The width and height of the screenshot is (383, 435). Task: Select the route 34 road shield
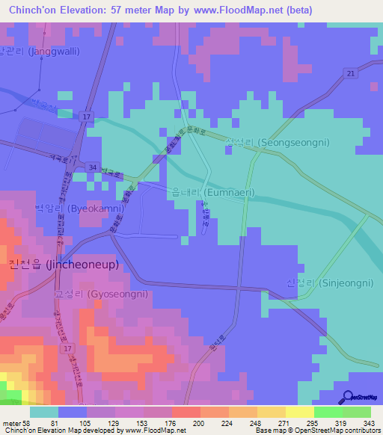92,166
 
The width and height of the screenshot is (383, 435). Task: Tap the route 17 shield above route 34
87,117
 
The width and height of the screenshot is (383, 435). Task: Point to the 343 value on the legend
370,423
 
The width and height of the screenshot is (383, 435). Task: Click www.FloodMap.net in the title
243,10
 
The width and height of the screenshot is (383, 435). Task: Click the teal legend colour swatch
44,412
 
